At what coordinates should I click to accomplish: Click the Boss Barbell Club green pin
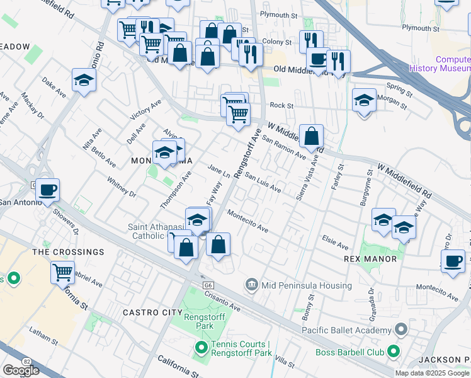point(394,350)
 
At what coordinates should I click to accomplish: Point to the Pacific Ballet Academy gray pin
point(400,330)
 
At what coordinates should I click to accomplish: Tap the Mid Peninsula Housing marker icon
point(252,285)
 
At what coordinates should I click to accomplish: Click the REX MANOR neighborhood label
point(370,259)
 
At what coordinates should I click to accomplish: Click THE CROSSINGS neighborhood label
point(68,252)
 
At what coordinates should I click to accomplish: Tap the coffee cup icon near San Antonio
point(47,189)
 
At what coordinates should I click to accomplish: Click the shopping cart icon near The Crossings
point(62,272)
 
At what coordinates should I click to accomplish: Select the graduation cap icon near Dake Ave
point(84,79)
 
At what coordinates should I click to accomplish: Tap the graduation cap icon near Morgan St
point(364,100)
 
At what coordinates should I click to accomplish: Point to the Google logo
point(21,370)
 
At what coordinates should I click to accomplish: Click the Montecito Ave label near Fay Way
point(248,222)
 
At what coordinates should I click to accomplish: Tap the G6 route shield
point(207,285)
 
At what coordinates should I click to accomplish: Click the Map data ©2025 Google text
point(432,373)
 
